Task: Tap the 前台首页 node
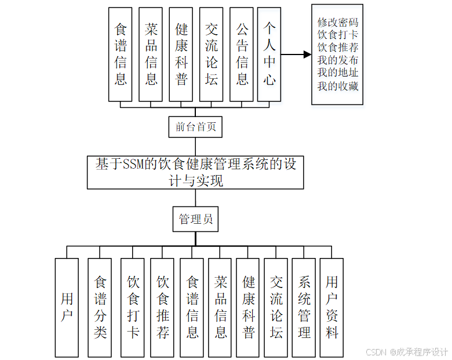pyautogui.click(x=196, y=127)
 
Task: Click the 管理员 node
pyautogui.click(x=196, y=219)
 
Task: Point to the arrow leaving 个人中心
pyautogui.click(x=296, y=55)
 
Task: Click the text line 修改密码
pyautogui.click(x=337, y=23)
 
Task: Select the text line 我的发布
pyautogui.click(x=337, y=60)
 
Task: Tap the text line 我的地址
pyautogui.click(x=337, y=73)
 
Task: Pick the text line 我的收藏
pyautogui.click(x=337, y=86)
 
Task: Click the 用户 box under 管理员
pyautogui.click(x=67, y=307)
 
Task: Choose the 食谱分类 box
pyautogui.click(x=100, y=307)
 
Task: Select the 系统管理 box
pyautogui.click(x=304, y=307)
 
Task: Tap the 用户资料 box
pyautogui.click(x=331, y=307)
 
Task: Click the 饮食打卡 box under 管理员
pyautogui.click(x=133, y=307)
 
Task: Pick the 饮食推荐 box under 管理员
pyautogui.click(x=162, y=307)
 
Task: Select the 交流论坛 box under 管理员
pyautogui.click(x=276, y=307)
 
